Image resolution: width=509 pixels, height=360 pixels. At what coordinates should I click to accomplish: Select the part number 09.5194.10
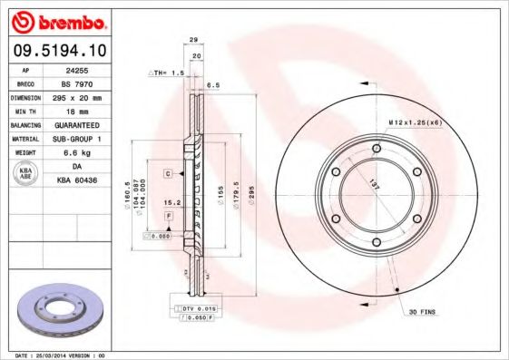[x=62, y=53]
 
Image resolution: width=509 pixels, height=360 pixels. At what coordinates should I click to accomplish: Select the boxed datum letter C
[x=168, y=172]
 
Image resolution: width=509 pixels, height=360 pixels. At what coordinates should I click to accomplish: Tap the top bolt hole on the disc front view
[x=376, y=148]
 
